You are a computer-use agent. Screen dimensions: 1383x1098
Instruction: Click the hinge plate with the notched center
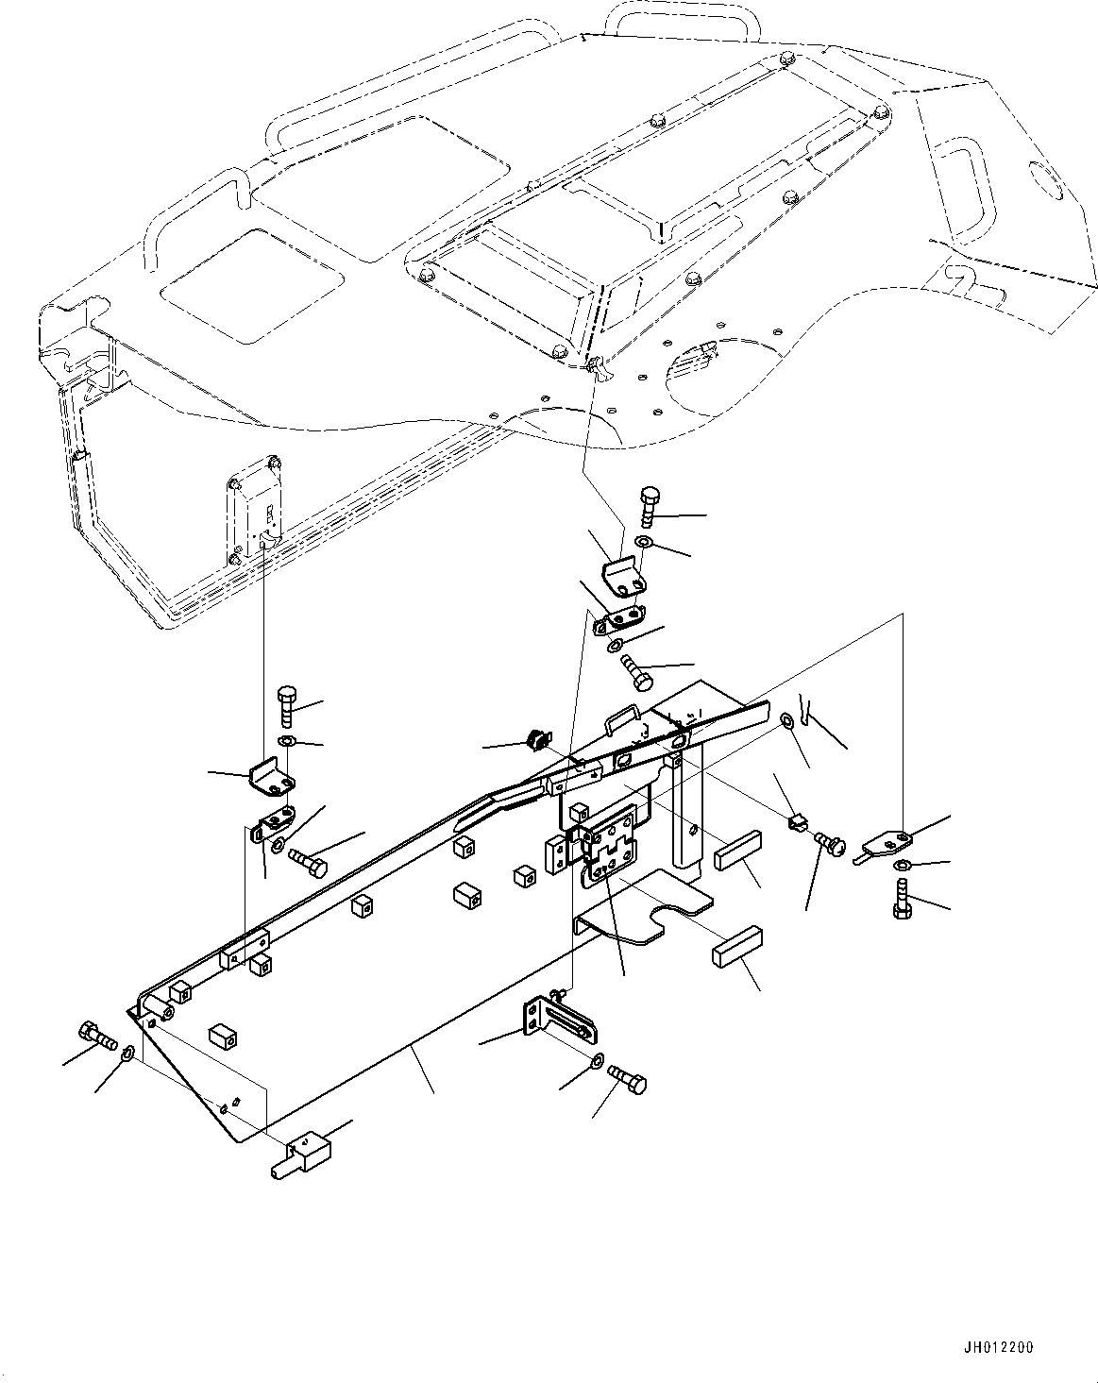[x=610, y=850]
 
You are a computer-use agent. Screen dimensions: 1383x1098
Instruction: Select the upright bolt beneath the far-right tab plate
[x=900, y=897]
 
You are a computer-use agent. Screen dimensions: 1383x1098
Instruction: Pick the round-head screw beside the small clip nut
[x=827, y=842]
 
